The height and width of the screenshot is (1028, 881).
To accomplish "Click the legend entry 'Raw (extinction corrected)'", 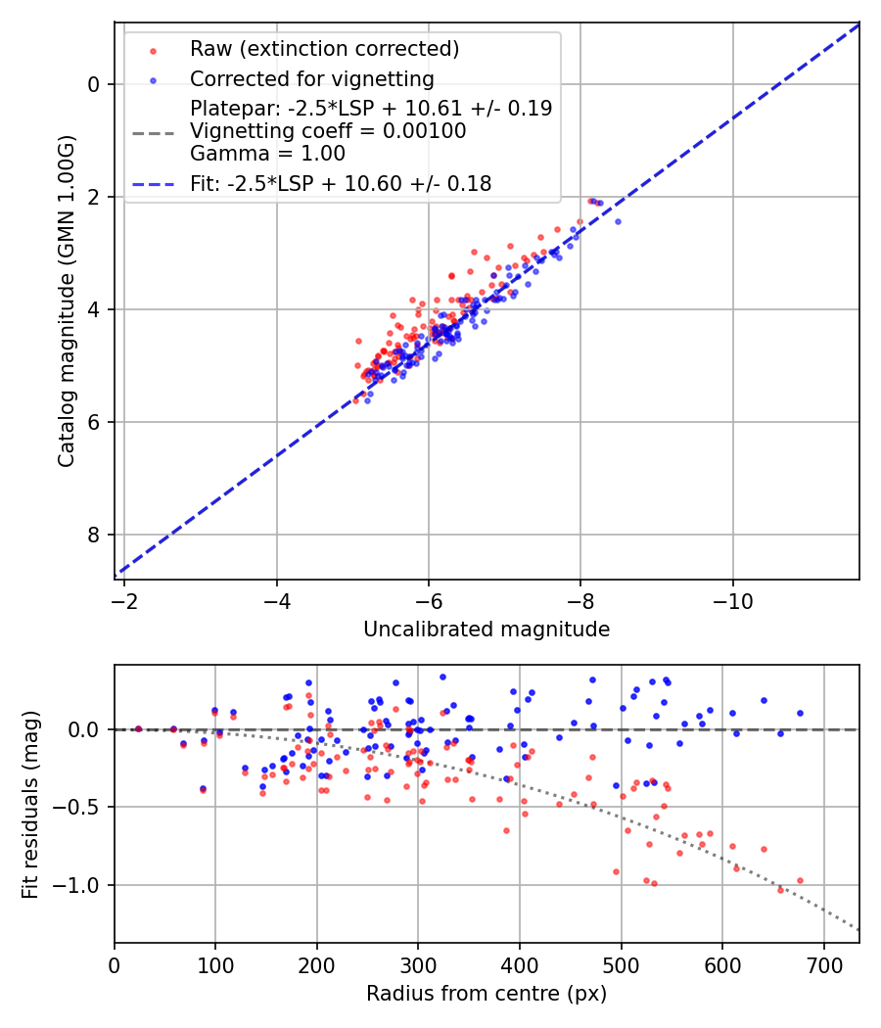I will [x=324, y=49].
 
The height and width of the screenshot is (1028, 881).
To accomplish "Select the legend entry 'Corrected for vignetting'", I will [x=311, y=78].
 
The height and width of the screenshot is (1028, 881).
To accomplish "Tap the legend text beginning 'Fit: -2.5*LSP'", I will [x=341, y=183].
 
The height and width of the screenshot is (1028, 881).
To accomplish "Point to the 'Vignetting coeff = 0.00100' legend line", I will [x=328, y=131].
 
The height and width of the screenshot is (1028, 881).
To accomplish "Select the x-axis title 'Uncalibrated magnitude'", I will [x=487, y=630].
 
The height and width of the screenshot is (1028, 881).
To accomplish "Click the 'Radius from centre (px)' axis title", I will [x=487, y=994].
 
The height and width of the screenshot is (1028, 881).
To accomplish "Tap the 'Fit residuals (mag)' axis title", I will [x=30, y=804].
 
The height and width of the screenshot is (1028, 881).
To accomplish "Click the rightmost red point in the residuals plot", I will [x=800, y=880].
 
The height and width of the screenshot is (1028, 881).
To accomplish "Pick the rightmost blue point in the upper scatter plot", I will [x=618, y=221].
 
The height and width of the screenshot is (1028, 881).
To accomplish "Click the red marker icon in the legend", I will [x=152, y=49].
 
